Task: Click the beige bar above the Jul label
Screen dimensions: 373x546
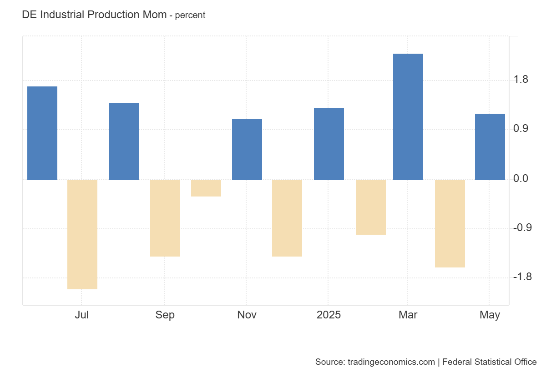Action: click(x=82, y=234)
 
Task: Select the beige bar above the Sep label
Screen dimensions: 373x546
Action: click(x=165, y=218)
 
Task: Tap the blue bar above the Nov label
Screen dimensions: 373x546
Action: click(x=247, y=150)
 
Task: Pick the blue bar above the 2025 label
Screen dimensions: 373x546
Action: click(x=329, y=144)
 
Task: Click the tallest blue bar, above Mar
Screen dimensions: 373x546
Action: click(x=408, y=117)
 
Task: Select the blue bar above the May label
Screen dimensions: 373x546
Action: click(x=490, y=147)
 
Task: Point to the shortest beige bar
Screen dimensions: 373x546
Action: click(x=206, y=188)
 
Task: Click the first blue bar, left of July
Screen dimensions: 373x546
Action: click(x=42, y=133)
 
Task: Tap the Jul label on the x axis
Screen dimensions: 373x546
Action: click(x=82, y=315)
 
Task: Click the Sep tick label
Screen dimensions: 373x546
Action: click(x=165, y=315)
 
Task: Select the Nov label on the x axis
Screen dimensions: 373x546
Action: click(x=247, y=315)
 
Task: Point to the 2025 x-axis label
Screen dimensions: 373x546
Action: click(x=329, y=315)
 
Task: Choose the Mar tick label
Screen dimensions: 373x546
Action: click(x=408, y=315)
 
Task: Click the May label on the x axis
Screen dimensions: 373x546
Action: click(x=490, y=315)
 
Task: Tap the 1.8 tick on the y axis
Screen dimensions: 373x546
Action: click(x=521, y=80)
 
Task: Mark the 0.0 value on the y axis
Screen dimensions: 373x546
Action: click(x=521, y=179)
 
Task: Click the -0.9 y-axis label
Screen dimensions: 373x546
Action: click(x=522, y=228)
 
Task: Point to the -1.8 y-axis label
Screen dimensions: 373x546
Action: click(x=522, y=277)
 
